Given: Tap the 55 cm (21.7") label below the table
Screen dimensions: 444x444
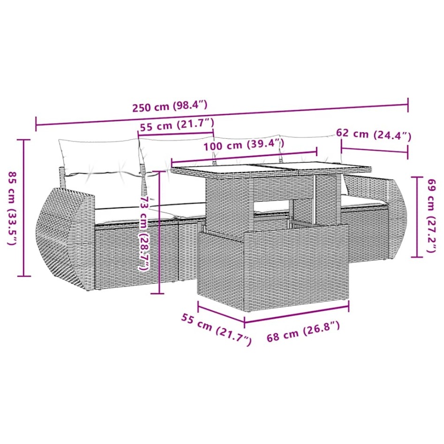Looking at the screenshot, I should point(216,328).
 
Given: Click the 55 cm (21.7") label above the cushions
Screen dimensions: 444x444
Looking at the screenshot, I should point(177,126).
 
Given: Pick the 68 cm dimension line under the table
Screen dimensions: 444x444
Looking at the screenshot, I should point(297,314).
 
